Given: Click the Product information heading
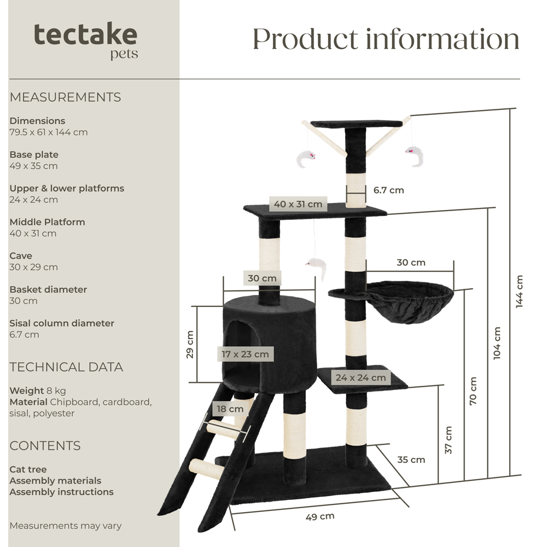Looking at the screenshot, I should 386,39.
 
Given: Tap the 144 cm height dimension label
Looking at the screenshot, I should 520,291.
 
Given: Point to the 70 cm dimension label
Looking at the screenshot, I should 473,391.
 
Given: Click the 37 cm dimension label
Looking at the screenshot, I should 449,440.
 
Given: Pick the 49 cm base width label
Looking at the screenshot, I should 320,516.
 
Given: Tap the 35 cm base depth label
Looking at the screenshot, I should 411,459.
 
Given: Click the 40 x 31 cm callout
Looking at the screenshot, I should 298,204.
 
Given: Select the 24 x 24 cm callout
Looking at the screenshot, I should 361,377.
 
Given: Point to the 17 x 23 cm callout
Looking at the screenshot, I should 245,354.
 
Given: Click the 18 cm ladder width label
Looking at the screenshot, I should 229,409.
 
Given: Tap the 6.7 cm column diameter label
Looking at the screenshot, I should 389,190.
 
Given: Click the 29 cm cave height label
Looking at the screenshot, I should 190,344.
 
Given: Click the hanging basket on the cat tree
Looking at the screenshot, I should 408,302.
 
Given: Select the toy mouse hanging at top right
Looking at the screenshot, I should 415,155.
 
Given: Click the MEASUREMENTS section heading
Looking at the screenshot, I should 65,97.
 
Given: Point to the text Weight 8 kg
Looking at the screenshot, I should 38,391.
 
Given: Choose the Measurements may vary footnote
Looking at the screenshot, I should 65,526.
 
